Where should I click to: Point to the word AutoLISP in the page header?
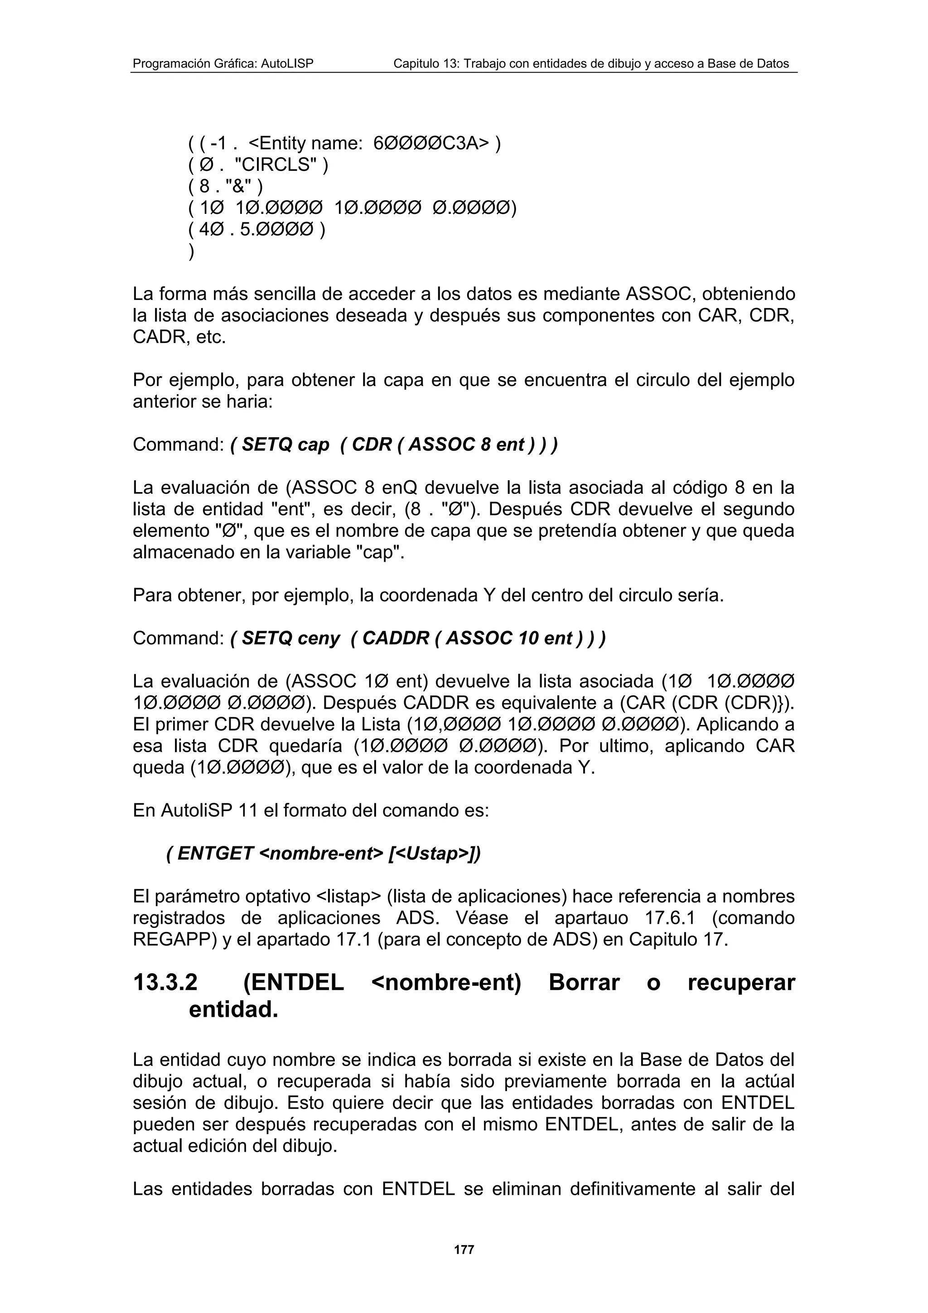pos(287,64)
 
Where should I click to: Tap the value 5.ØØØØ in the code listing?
pos(277,230)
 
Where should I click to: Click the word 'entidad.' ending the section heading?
pos(233,1010)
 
